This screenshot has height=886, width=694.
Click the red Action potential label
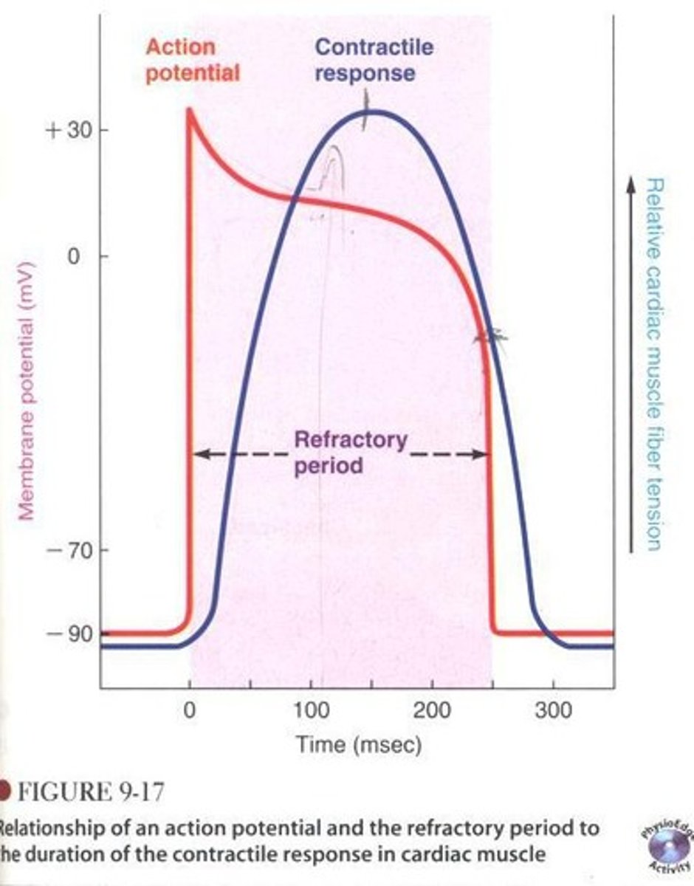click(192, 61)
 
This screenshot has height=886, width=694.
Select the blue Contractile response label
click(374, 61)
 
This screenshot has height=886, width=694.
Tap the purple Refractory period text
click(350, 453)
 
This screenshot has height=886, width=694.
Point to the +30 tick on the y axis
click(66, 131)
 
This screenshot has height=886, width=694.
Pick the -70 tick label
click(67, 550)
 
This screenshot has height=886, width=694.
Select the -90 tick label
click(67, 634)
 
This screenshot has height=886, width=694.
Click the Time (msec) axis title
click(359, 745)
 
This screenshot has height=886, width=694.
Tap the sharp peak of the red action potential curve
click(190, 110)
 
